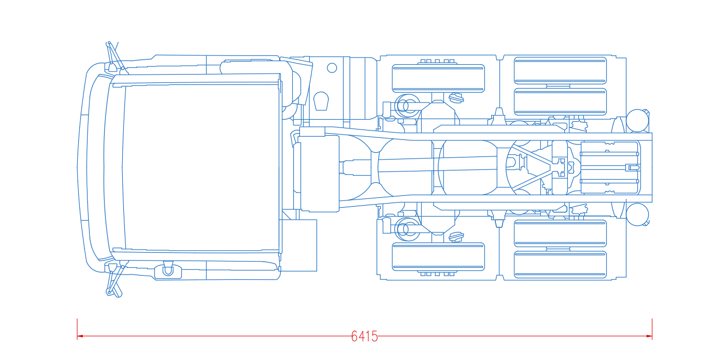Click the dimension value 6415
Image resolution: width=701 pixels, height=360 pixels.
point(364,336)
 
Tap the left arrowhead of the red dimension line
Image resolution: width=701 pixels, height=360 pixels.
point(80,336)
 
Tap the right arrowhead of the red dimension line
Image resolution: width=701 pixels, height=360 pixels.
point(649,336)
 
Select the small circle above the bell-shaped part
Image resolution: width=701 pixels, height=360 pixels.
point(332,68)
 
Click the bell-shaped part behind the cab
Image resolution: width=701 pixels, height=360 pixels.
point(321,101)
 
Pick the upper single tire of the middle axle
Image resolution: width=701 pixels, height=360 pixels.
point(438,79)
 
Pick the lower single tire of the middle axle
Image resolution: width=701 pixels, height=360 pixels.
point(438,257)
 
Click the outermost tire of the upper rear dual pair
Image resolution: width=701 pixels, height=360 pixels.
point(560,70)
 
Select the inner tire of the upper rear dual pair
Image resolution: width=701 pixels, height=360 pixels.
point(560,102)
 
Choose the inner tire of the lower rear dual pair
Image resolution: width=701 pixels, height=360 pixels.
point(560,233)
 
